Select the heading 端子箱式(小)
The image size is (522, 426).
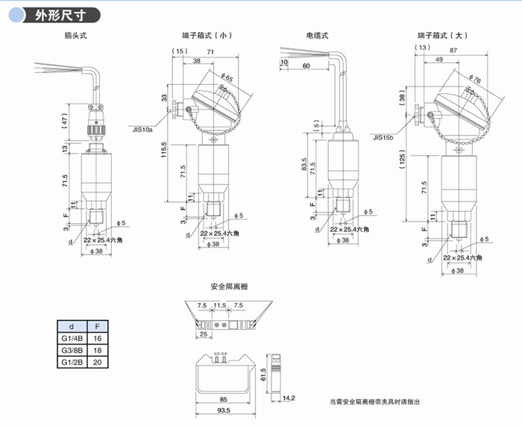[x=207, y=35]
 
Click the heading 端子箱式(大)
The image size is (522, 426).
[x=443, y=35]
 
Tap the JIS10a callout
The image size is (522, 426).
[x=142, y=129]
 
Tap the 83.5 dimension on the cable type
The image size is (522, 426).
[x=304, y=163]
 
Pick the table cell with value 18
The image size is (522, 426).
[x=97, y=350]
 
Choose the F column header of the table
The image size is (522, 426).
[x=97, y=326]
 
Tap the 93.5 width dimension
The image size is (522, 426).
[x=223, y=411]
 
